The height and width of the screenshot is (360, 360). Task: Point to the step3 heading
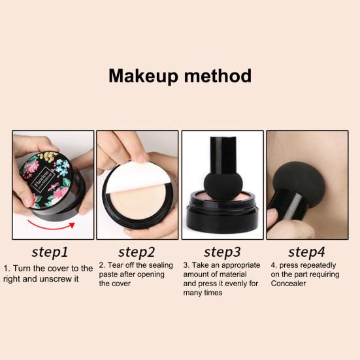tap(223, 252)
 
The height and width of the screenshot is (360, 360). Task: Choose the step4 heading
tap(307, 252)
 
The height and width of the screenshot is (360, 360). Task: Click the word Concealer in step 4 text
tap(289, 283)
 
